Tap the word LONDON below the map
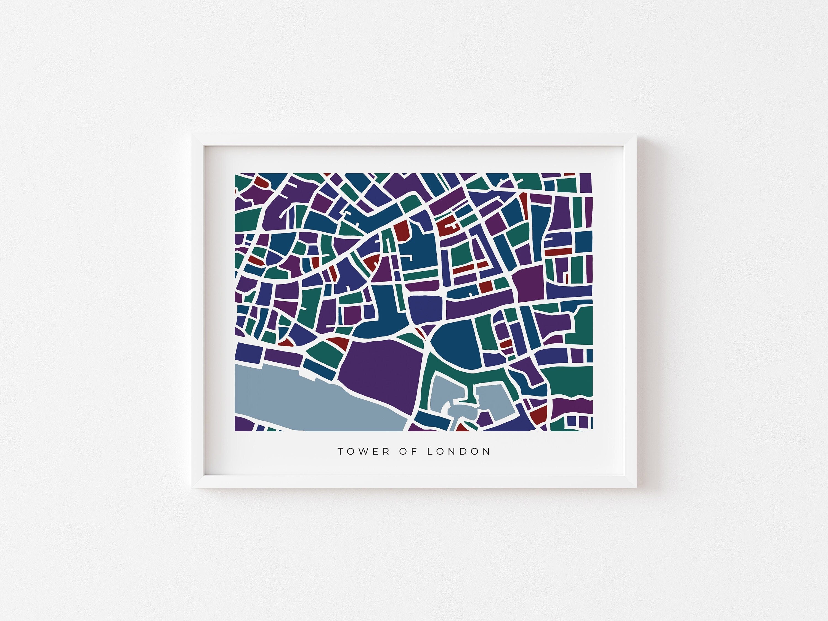tap(458, 452)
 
